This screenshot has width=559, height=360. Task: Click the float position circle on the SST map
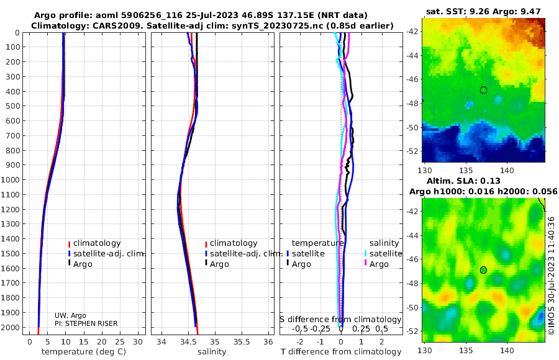tap(483, 90)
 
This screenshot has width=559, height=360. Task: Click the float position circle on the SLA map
tap(483, 270)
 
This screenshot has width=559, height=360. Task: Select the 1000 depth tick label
tap(11, 179)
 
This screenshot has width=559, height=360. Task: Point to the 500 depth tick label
tap(13, 106)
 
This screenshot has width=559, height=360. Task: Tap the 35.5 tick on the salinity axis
tap(242, 342)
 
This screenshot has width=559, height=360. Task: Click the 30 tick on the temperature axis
tap(138, 342)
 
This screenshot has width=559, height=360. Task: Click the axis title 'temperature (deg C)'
tap(84, 352)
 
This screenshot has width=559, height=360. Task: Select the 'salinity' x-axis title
tap(212, 352)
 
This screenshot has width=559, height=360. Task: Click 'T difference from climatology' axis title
tap(341, 352)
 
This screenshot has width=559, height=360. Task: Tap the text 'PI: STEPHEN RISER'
tap(86, 323)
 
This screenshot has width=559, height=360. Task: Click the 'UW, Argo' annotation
tap(70, 315)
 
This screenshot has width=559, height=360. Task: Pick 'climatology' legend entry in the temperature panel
tap(94, 243)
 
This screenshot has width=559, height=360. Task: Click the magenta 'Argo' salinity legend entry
tap(376, 264)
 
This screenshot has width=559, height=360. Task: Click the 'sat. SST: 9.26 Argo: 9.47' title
tap(483, 11)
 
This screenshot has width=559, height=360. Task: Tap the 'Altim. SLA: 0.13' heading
tap(463, 181)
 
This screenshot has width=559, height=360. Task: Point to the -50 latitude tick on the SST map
tap(412, 127)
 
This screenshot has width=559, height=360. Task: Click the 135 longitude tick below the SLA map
tap(466, 350)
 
